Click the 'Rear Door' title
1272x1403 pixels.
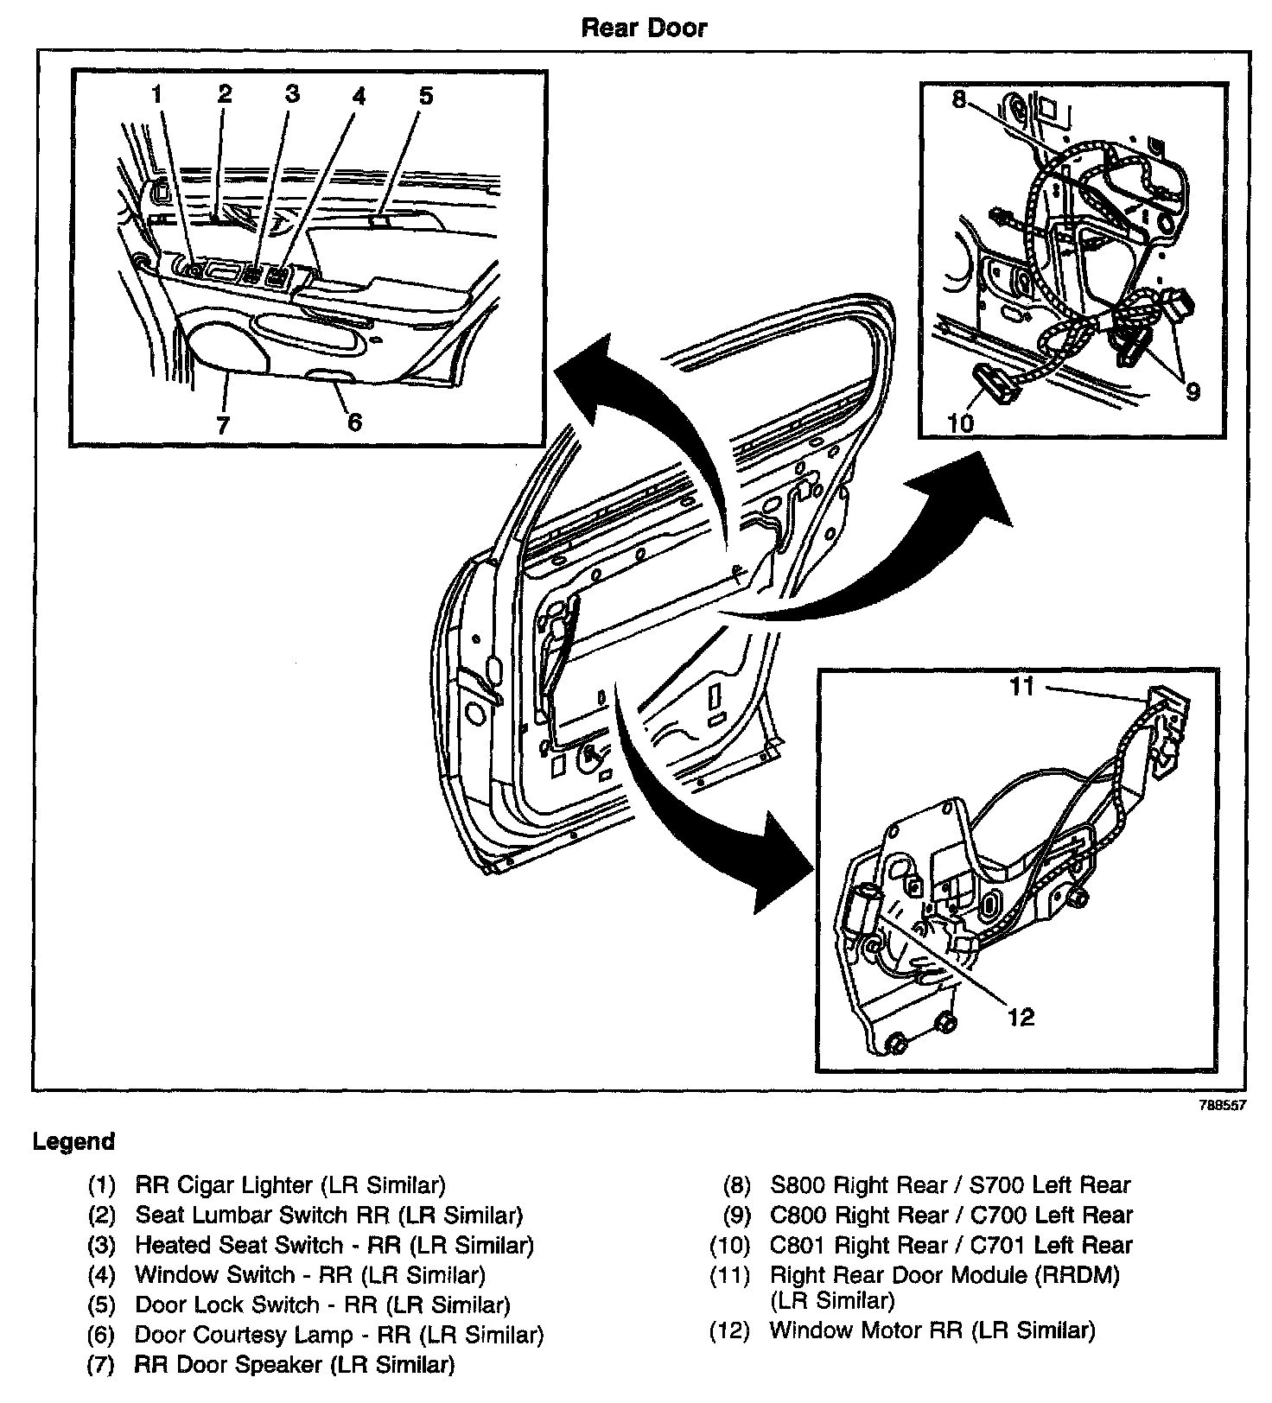(x=644, y=28)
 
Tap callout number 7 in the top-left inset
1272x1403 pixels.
(x=223, y=424)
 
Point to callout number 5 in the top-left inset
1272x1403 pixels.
(x=425, y=95)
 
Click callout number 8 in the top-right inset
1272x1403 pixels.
(x=958, y=99)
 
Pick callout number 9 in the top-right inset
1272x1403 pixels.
(x=1192, y=391)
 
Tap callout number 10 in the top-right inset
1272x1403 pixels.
(x=961, y=422)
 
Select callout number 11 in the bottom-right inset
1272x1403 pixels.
(x=1023, y=687)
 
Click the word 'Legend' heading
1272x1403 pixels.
(x=73, y=1142)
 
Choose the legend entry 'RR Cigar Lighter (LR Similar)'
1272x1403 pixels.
(x=290, y=1185)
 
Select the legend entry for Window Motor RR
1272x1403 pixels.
(x=932, y=1330)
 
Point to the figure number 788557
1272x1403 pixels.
(x=1222, y=1106)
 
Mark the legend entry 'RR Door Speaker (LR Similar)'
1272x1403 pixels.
(x=295, y=1365)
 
